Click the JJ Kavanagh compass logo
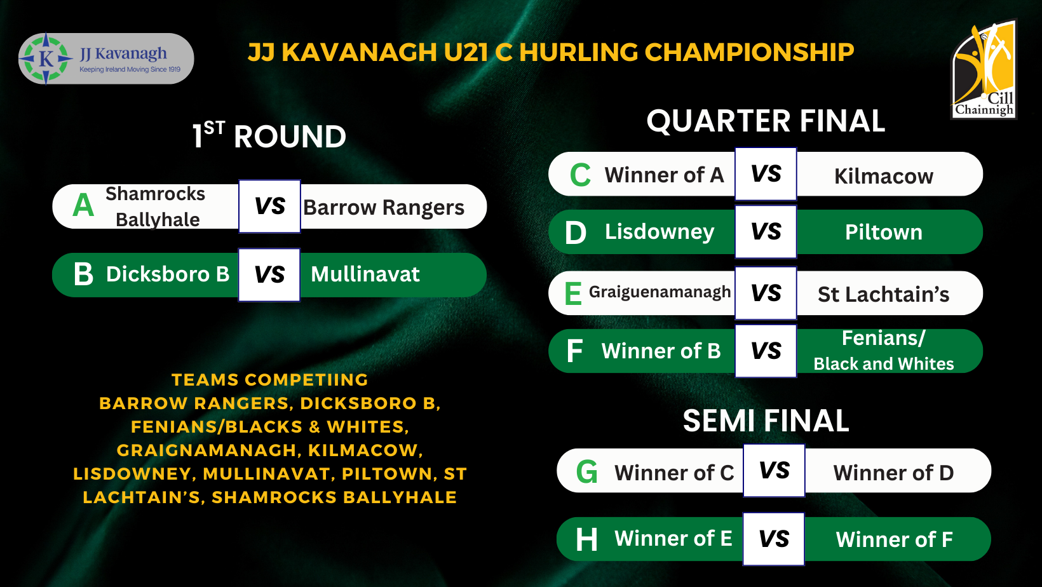coord(46,58)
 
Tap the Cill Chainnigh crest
coord(984,69)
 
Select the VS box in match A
coord(270,206)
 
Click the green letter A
coord(83,205)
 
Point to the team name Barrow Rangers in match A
coord(384,208)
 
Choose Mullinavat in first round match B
coord(365,274)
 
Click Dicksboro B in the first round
coord(168,274)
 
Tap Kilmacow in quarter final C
coord(884,176)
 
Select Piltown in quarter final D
coord(884,232)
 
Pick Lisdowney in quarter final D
coord(659,232)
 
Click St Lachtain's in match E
coord(883,294)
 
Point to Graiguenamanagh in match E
coord(660,292)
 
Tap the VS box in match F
coord(766,351)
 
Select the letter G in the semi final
coord(586,471)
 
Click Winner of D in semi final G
coord(893,473)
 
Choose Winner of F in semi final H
coord(894,539)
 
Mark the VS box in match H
coord(774,539)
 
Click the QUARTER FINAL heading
coord(766,121)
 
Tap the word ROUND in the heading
coord(290,137)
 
